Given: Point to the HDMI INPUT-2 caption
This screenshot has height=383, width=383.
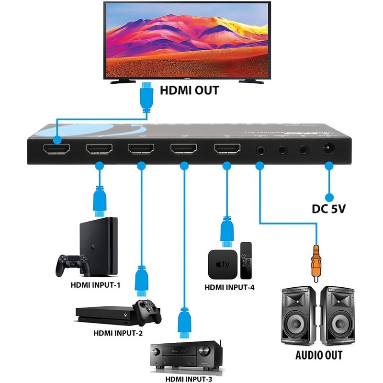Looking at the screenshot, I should (x=117, y=333).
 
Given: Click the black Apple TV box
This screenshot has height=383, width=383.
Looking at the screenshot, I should (x=222, y=264).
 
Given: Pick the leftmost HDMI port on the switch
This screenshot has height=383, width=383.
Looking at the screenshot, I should (x=56, y=150).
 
